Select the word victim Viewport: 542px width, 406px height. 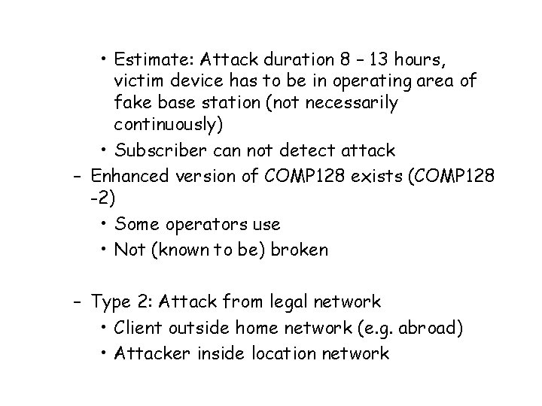137,80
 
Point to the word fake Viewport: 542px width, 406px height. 132,101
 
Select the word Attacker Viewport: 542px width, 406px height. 149,353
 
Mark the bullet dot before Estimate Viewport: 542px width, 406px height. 104,59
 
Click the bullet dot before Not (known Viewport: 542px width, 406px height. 104,250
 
